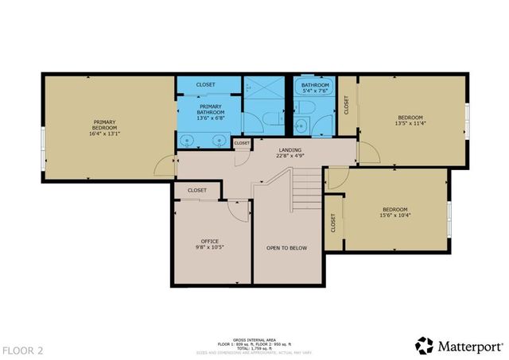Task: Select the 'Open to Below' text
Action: [x=286, y=248]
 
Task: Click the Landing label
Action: [x=289, y=149]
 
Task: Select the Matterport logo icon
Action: [x=425, y=346]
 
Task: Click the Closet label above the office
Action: [x=197, y=191]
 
